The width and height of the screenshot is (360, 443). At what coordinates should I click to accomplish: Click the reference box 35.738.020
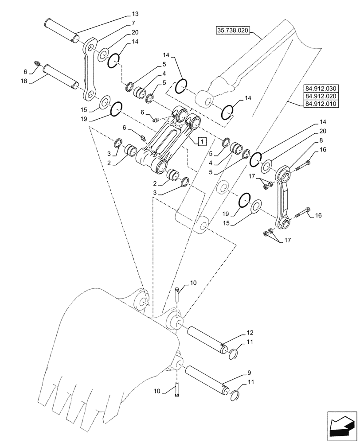click(233, 31)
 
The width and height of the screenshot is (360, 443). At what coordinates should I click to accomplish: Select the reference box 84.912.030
click(321, 88)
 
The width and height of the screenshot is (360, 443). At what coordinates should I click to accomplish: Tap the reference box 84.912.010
click(321, 104)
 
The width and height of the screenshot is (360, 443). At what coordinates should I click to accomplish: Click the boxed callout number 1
click(201, 141)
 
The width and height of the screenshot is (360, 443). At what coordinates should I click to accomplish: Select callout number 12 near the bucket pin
click(250, 332)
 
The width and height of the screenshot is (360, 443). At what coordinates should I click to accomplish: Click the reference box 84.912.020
click(321, 96)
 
